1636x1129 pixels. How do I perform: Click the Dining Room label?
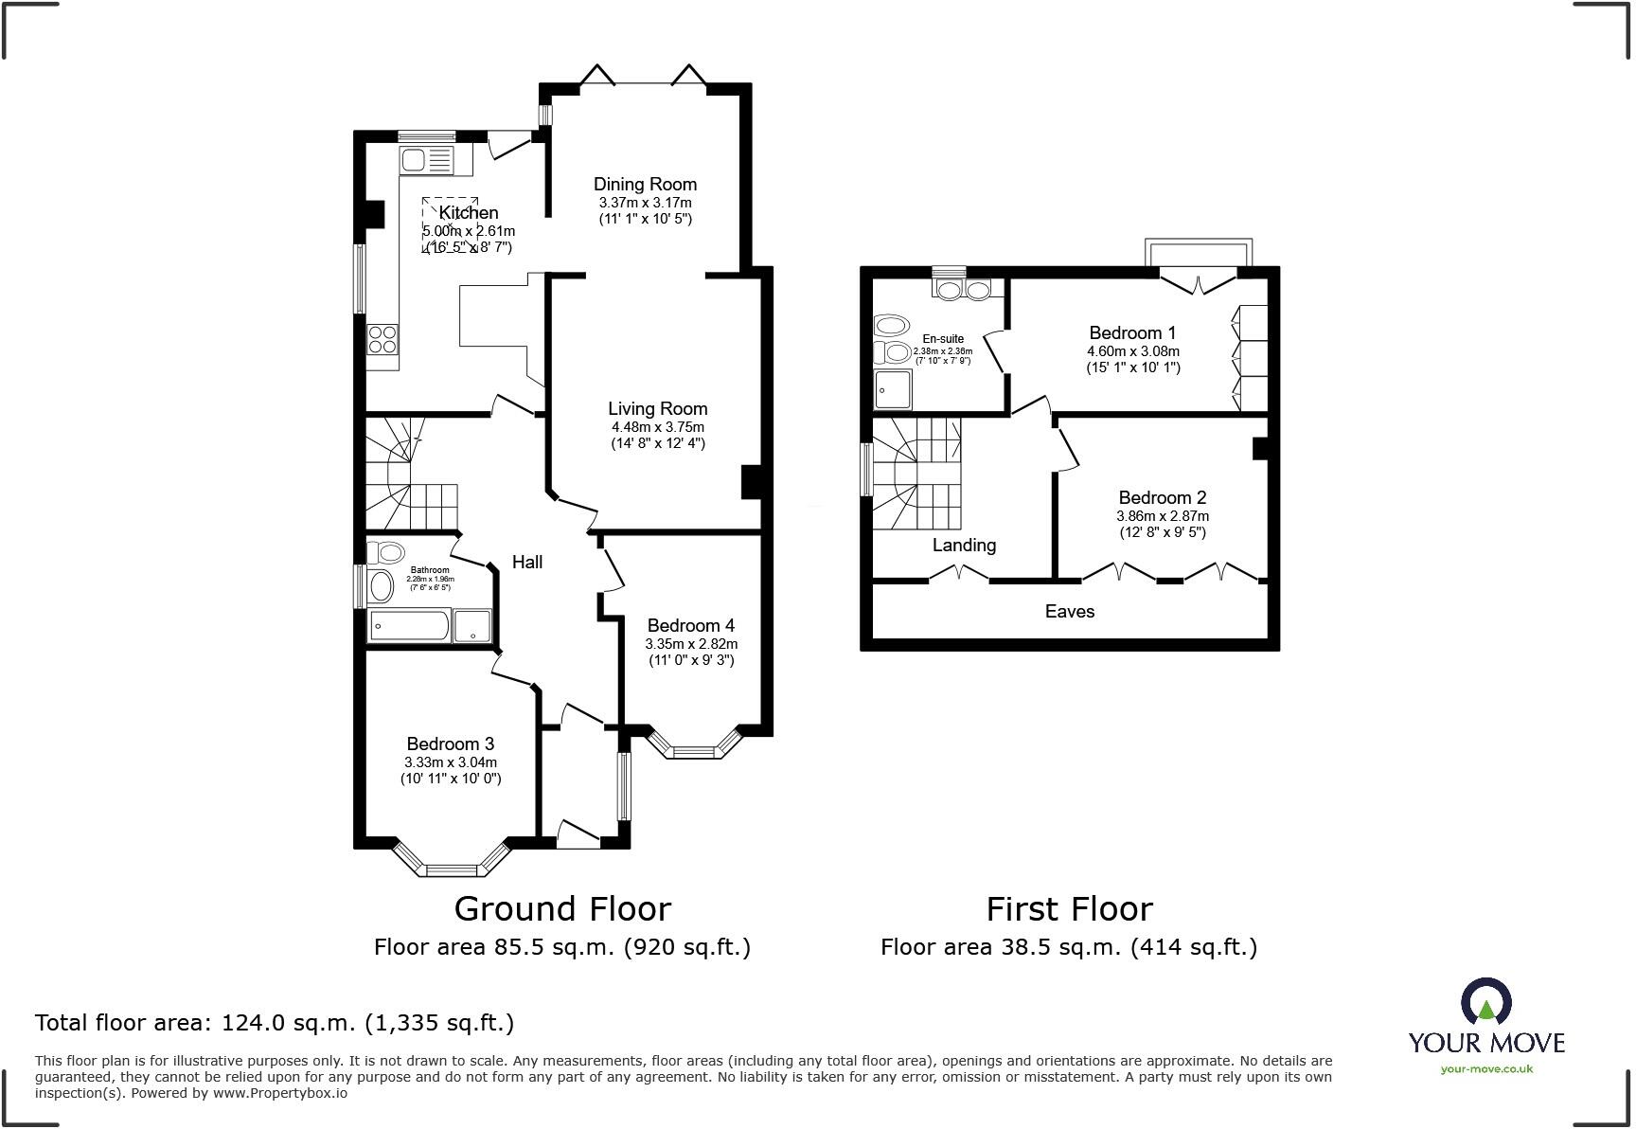click(x=645, y=185)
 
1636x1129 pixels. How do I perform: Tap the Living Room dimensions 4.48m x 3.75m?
click(x=657, y=427)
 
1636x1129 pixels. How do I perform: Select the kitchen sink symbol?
click(x=427, y=160)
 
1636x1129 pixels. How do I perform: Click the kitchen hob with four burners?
click(x=383, y=339)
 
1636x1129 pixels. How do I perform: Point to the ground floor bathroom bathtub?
click(x=410, y=626)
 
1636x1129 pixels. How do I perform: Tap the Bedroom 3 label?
click(x=450, y=744)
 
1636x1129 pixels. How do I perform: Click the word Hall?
click(x=527, y=563)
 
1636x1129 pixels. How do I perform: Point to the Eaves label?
click(x=1069, y=612)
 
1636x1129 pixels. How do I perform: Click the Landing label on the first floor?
click(x=964, y=546)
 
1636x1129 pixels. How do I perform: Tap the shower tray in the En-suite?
click(x=892, y=389)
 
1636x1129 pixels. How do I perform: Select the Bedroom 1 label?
click(x=1132, y=333)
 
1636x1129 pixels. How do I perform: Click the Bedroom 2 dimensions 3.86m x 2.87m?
click(x=1162, y=517)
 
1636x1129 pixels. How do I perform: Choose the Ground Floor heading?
click(x=562, y=909)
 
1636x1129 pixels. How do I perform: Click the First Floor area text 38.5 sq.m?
click(x=1068, y=947)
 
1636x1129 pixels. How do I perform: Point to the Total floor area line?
click(x=275, y=1023)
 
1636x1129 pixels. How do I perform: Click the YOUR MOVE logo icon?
click(x=1486, y=1003)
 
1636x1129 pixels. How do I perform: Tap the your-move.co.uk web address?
click(x=1486, y=1069)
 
